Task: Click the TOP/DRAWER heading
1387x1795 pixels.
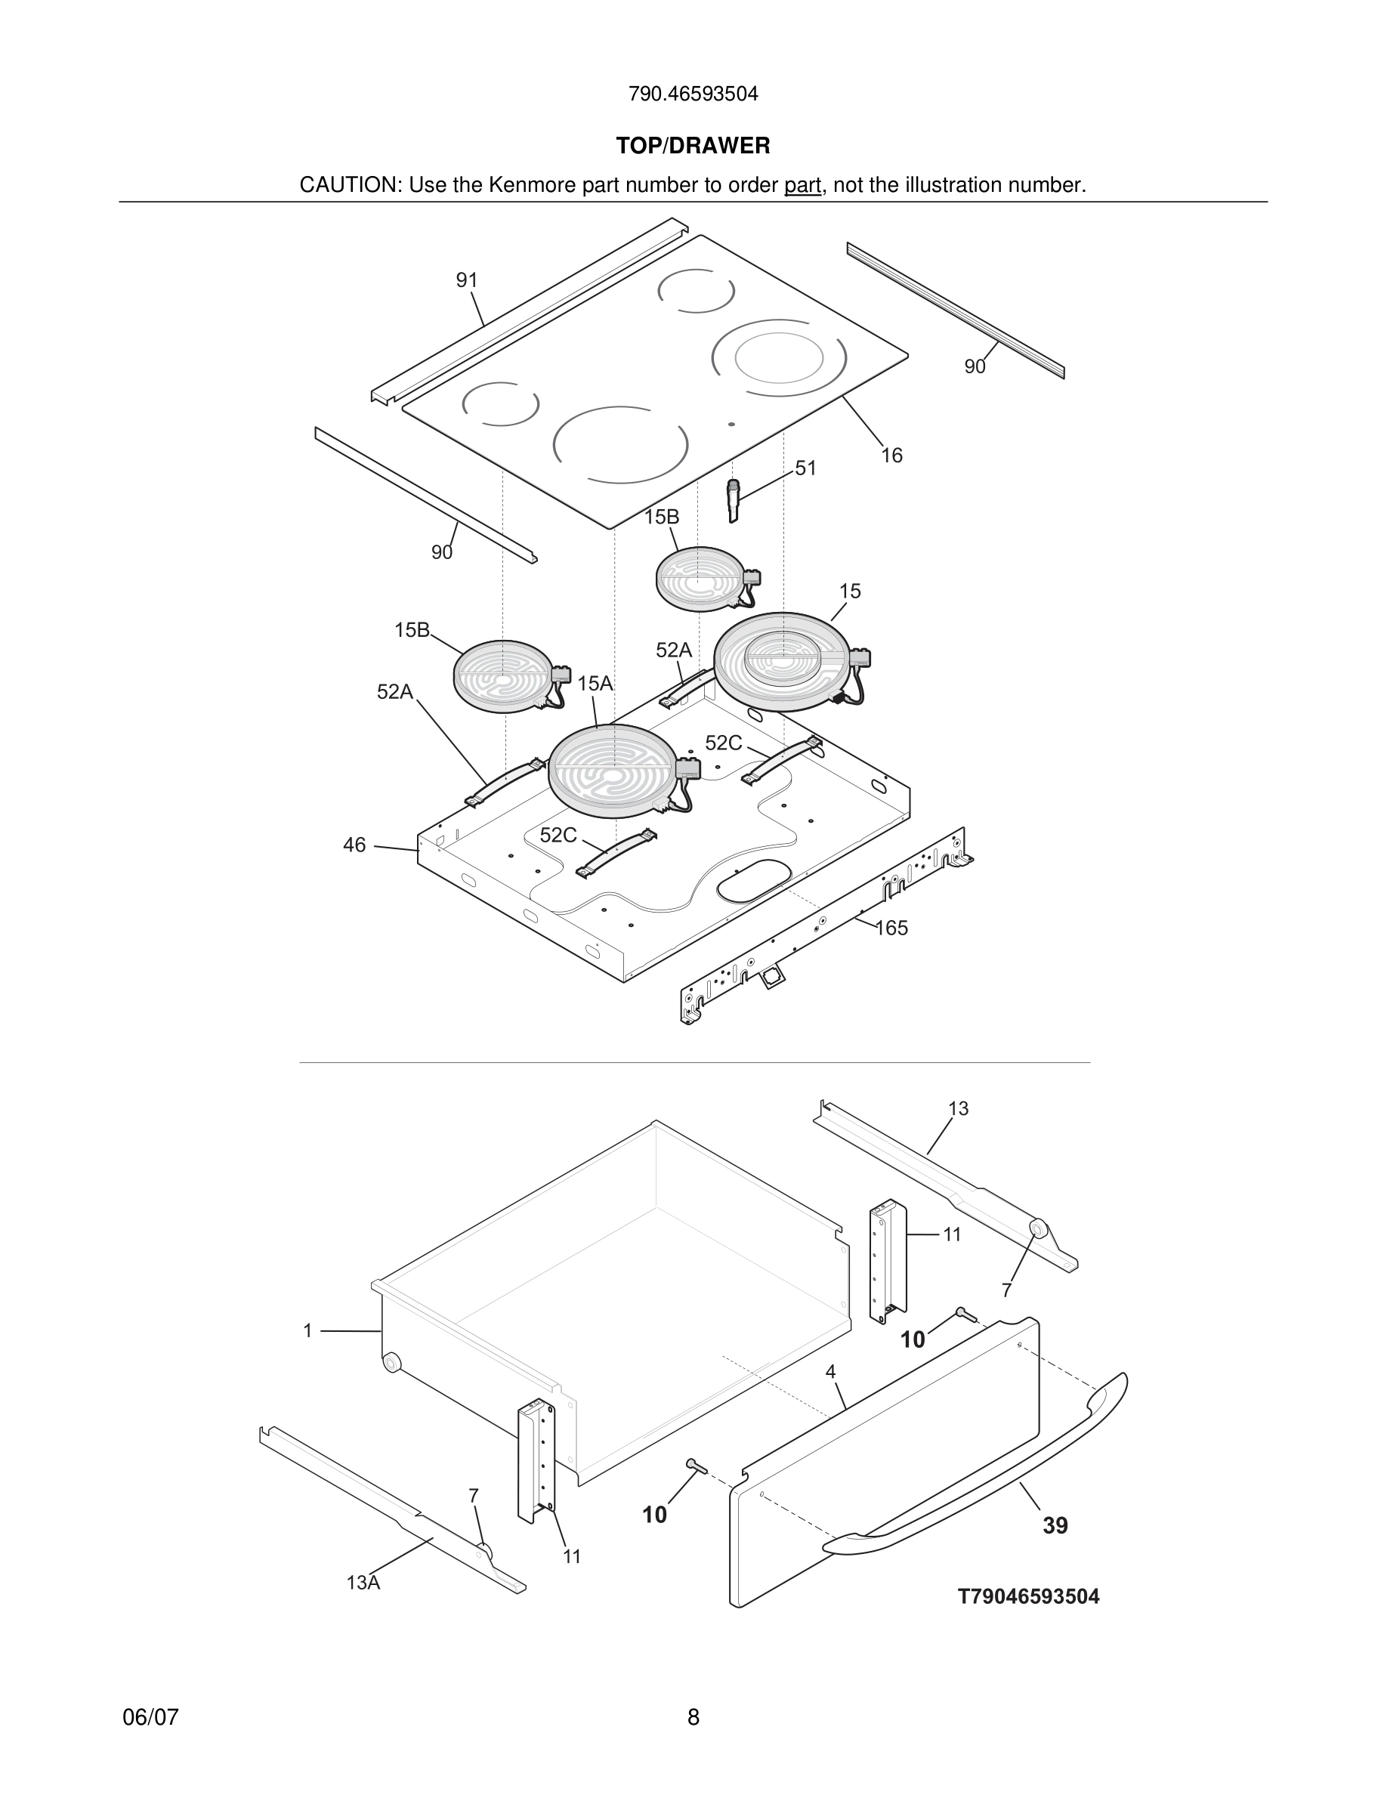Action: coord(693,147)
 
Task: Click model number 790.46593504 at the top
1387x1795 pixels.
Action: coord(693,94)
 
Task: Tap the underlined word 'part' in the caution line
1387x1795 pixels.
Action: coord(802,186)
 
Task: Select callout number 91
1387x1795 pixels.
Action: coord(467,280)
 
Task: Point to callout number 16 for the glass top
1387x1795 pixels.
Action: coord(891,456)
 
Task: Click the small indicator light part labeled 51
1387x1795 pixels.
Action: coord(733,501)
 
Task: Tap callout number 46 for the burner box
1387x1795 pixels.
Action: coord(354,845)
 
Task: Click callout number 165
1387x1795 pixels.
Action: coord(891,928)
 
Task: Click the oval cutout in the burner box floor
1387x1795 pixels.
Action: coord(752,879)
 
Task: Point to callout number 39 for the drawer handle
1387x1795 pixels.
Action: coord(1055,1525)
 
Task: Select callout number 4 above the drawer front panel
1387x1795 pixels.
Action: coord(831,1371)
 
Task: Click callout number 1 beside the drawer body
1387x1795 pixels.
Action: coord(307,1330)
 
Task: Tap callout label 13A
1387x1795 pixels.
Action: coord(363,1582)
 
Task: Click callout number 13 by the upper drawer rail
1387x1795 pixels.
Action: coord(958,1109)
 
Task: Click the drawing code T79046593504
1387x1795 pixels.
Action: coord(1028,1596)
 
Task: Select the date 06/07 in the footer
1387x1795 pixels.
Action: coord(150,1717)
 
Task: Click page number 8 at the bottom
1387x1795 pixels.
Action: coord(693,1717)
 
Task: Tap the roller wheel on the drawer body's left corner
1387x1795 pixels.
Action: coord(392,1362)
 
